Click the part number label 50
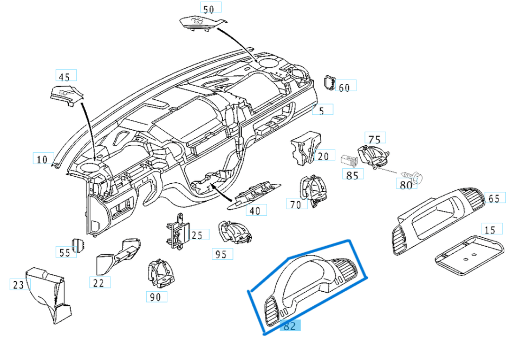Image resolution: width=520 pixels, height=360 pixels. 208,9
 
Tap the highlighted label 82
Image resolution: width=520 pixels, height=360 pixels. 290,326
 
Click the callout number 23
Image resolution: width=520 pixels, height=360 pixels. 19,284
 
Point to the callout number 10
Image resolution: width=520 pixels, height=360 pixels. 42,159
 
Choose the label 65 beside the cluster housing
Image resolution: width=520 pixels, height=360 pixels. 493,198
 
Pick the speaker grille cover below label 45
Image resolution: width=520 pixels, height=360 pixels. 66,94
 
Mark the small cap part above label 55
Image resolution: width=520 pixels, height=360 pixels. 79,245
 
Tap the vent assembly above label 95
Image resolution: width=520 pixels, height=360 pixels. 233,233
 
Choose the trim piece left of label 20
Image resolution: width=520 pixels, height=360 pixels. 302,147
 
